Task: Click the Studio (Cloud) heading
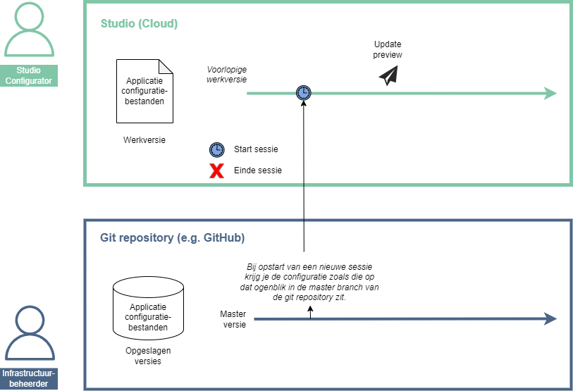pyautogui.click(x=139, y=24)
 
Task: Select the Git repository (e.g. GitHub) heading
pyautogui.click(x=172, y=238)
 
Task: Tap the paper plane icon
pyautogui.click(x=388, y=75)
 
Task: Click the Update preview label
pyautogui.click(x=388, y=49)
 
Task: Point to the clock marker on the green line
pyautogui.click(x=303, y=93)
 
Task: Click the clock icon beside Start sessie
pyautogui.click(x=217, y=149)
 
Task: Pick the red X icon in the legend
pyautogui.click(x=217, y=170)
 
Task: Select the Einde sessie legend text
pyautogui.click(x=258, y=170)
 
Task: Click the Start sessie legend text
pyautogui.click(x=256, y=149)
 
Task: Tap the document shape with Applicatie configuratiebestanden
pyautogui.click(x=144, y=91)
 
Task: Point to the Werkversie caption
pyautogui.click(x=144, y=140)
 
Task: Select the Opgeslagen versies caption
pyautogui.click(x=148, y=356)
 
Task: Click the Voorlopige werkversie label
pyautogui.click(x=226, y=75)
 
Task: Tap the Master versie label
pyautogui.click(x=233, y=319)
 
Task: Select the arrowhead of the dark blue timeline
pyautogui.click(x=550, y=319)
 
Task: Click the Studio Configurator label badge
pyautogui.click(x=29, y=75)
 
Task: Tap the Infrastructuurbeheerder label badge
pyautogui.click(x=29, y=378)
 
